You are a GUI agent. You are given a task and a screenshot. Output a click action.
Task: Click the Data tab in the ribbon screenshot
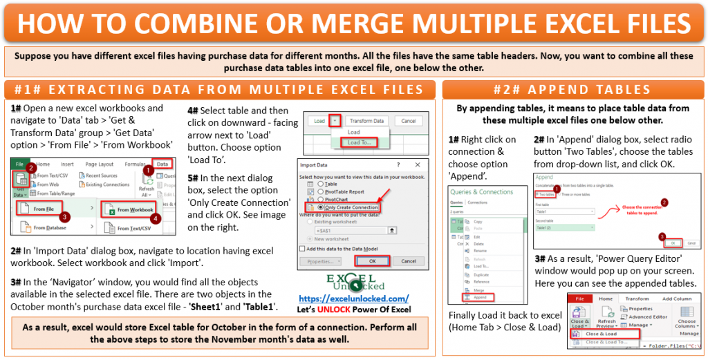[162, 164]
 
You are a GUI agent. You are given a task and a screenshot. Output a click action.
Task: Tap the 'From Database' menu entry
[49, 227]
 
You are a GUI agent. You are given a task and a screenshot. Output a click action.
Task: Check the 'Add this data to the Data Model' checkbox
[302, 248]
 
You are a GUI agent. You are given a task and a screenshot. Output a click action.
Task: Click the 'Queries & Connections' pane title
[482, 192]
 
